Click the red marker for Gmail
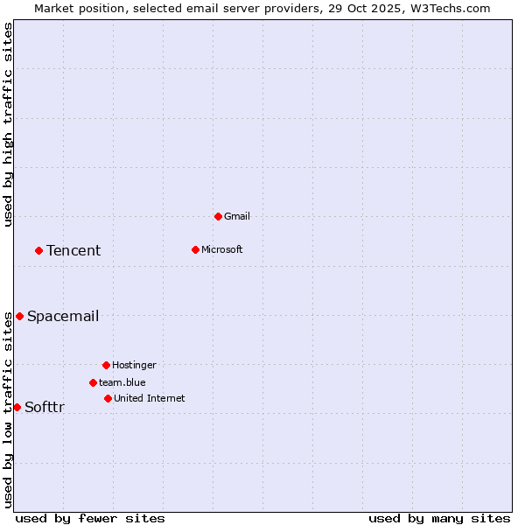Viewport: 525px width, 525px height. (218, 216)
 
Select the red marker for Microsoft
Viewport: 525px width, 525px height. (195, 249)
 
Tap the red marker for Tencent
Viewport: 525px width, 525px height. (38, 250)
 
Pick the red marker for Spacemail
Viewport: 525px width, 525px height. (19, 316)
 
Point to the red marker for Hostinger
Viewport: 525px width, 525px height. (106, 365)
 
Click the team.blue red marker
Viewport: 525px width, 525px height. (93, 382)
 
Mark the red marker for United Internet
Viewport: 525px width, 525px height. (108, 398)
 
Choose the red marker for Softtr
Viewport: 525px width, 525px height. (17, 407)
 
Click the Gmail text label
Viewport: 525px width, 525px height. (237, 216)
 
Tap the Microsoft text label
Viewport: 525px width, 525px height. (221, 249)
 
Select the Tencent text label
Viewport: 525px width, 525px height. (73, 251)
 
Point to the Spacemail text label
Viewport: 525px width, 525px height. (63, 317)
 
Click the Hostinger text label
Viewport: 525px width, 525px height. (134, 365)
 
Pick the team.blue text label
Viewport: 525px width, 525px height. (122, 382)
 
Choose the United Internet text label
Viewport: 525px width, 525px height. (149, 398)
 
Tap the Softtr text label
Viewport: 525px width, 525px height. (45, 408)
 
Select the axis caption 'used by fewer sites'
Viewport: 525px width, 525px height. (90, 518)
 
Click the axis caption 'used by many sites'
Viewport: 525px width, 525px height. (439, 518)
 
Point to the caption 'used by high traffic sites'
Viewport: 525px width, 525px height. (9, 124)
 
